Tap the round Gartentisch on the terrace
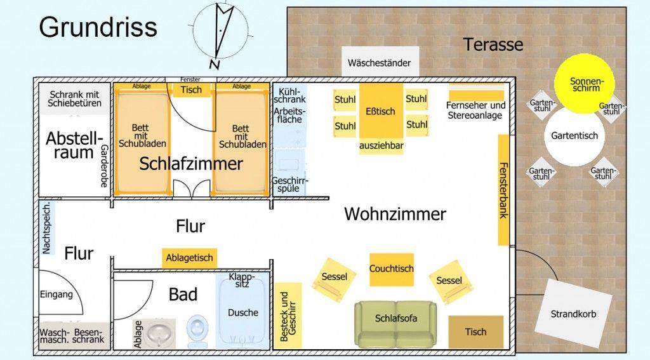[x=574, y=136]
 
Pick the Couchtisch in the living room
[x=392, y=269]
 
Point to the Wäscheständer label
[x=380, y=63]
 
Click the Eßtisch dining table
[x=380, y=111]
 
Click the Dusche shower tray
[x=242, y=312]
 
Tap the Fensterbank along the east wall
[x=503, y=190]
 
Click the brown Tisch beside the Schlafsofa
[x=475, y=331]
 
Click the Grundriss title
[x=98, y=27]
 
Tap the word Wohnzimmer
[x=395, y=214]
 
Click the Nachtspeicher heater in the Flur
[x=45, y=229]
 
